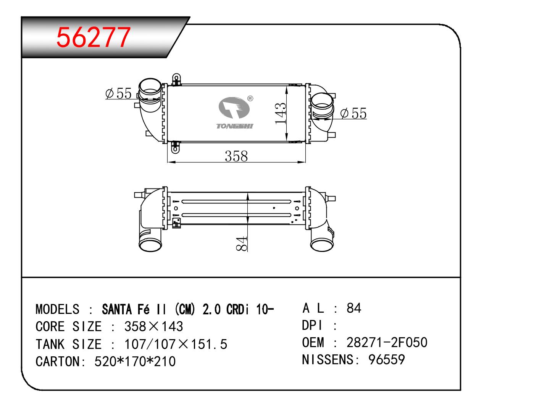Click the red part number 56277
pos(94,37)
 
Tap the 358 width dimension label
pos(236,156)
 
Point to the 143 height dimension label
pos(281,114)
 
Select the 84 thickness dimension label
pos(241,244)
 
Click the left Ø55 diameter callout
pos(118,93)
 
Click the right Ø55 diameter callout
pos(353,113)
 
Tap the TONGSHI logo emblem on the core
pos(234,108)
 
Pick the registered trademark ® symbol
pos(250,98)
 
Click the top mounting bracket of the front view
pos(176,79)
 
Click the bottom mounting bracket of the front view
pos(175,147)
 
